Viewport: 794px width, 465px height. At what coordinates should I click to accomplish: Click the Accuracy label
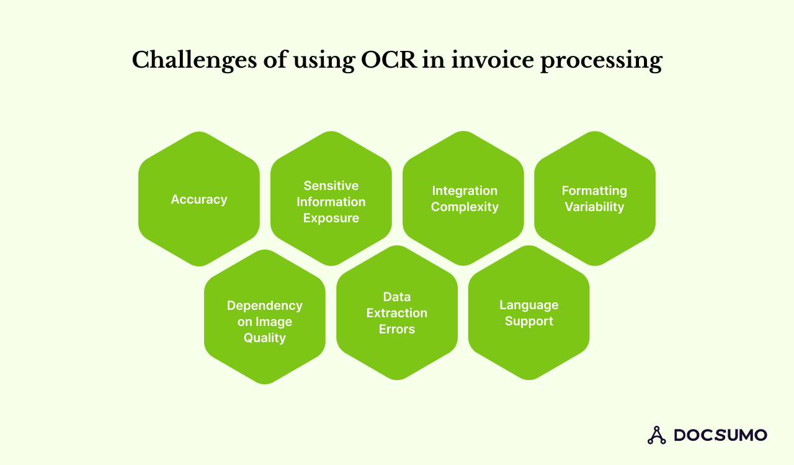[199, 199]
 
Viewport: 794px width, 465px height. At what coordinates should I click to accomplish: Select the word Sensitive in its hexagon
[331, 186]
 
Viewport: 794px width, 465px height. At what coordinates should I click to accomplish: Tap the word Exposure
[331, 218]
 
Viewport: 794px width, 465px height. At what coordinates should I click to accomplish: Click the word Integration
[465, 191]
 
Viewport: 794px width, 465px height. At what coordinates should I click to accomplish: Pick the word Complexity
[465, 207]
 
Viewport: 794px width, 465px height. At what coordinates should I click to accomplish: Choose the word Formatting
[594, 191]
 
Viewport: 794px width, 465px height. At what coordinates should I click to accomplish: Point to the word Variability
[594, 207]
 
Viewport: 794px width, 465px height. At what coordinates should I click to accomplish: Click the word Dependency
[265, 305]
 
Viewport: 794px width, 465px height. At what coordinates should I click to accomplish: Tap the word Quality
[265, 338]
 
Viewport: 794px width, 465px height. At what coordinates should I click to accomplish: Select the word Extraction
[397, 313]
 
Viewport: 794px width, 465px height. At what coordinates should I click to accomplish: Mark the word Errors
[397, 329]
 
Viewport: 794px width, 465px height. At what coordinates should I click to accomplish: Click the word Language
[529, 305]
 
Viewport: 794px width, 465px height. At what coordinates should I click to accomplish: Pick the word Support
[529, 321]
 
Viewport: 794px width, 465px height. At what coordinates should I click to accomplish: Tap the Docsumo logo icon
[656, 435]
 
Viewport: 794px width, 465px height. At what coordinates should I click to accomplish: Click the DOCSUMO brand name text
[720, 435]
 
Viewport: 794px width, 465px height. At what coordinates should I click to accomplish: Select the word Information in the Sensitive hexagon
[331, 202]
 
